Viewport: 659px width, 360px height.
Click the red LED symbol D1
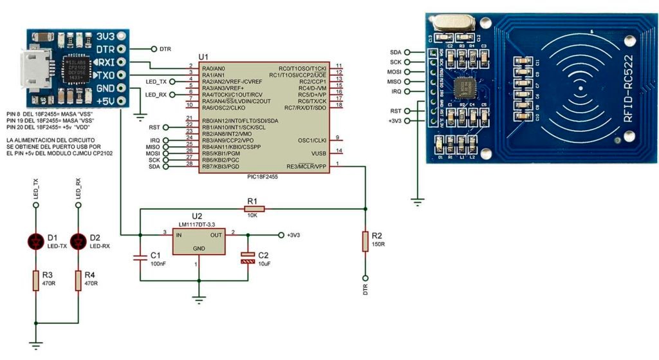tap(36, 242)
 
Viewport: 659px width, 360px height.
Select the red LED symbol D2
tap(79, 242)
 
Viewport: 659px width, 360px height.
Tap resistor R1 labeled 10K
tap(252, 208)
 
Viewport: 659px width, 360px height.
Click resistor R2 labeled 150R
tap(366, 241)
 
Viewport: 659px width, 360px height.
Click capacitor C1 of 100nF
tap(140, 258)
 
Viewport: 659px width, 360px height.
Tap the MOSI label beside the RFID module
tap(394, 71)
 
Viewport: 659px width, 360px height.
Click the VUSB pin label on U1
tap(317, 153)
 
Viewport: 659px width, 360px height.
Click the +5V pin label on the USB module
tap(105, 100)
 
